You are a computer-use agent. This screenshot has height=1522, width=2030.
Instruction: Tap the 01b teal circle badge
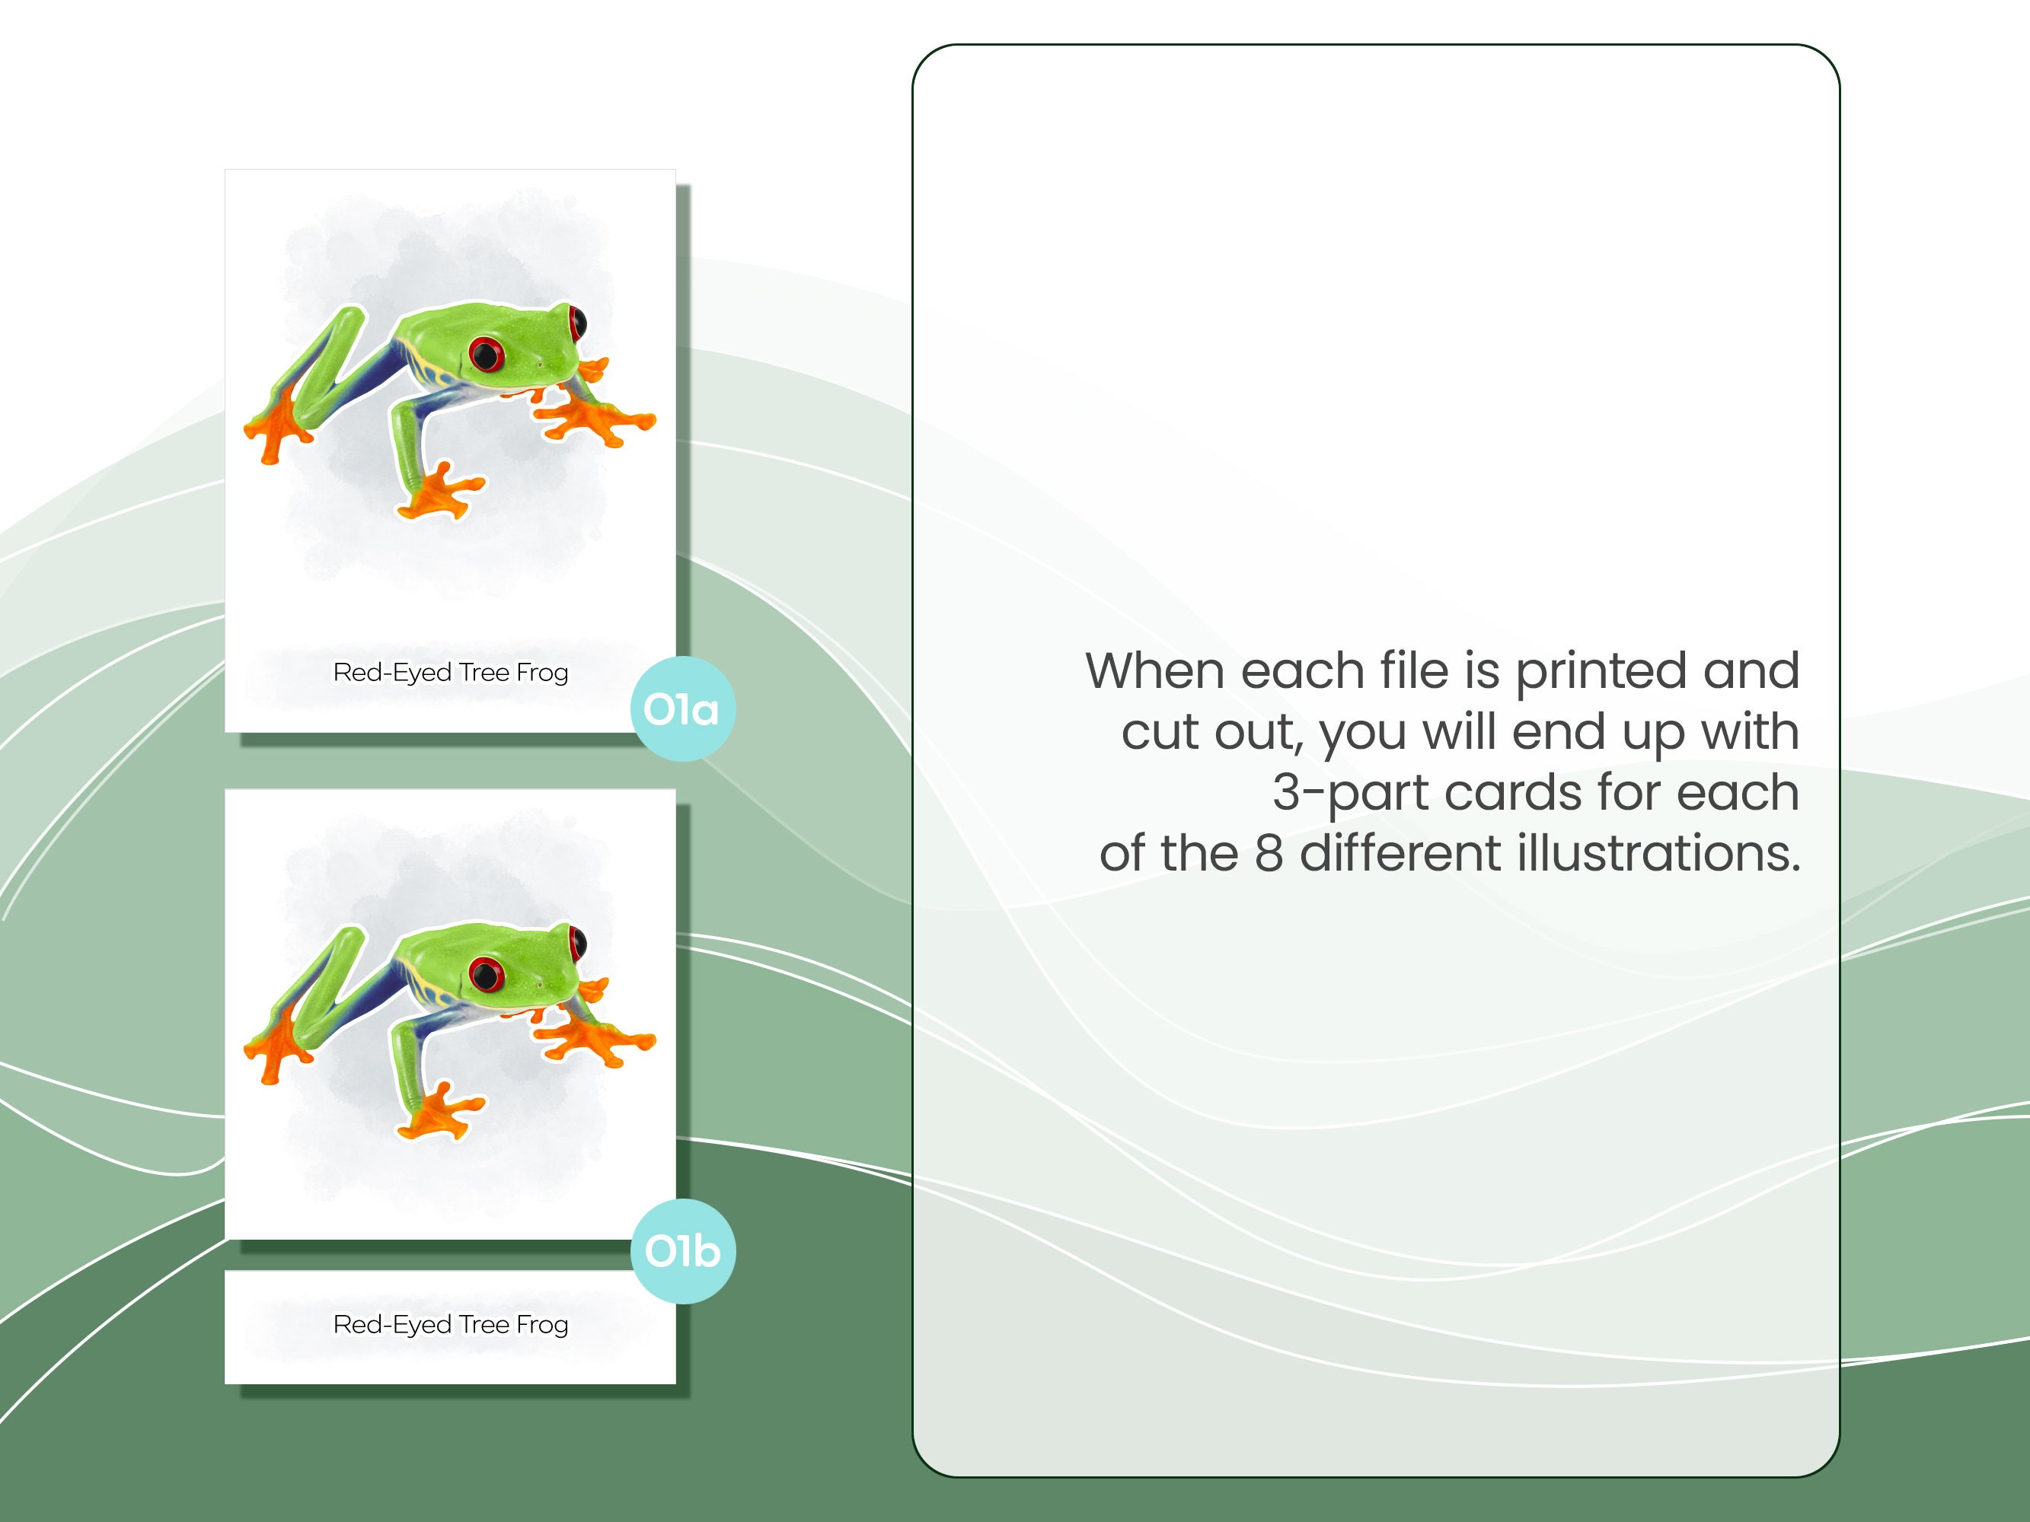coord(683,1251)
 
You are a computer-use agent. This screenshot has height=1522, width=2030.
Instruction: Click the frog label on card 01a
coord(451,673)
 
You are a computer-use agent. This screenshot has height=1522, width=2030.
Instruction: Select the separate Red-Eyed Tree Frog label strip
coord(451,1326)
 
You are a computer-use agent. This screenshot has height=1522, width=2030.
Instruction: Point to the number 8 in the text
coord(1269,853)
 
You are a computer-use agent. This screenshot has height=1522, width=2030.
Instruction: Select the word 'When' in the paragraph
coord(1157,670)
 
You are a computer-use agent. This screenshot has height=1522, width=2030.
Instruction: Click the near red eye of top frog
coord(487,353)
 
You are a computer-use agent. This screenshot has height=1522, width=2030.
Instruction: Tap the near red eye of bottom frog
coord(487,973)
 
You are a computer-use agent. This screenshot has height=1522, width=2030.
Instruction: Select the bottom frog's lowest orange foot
coord(439,1114)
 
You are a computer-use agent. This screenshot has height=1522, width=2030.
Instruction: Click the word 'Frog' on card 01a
coord(542,673)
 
